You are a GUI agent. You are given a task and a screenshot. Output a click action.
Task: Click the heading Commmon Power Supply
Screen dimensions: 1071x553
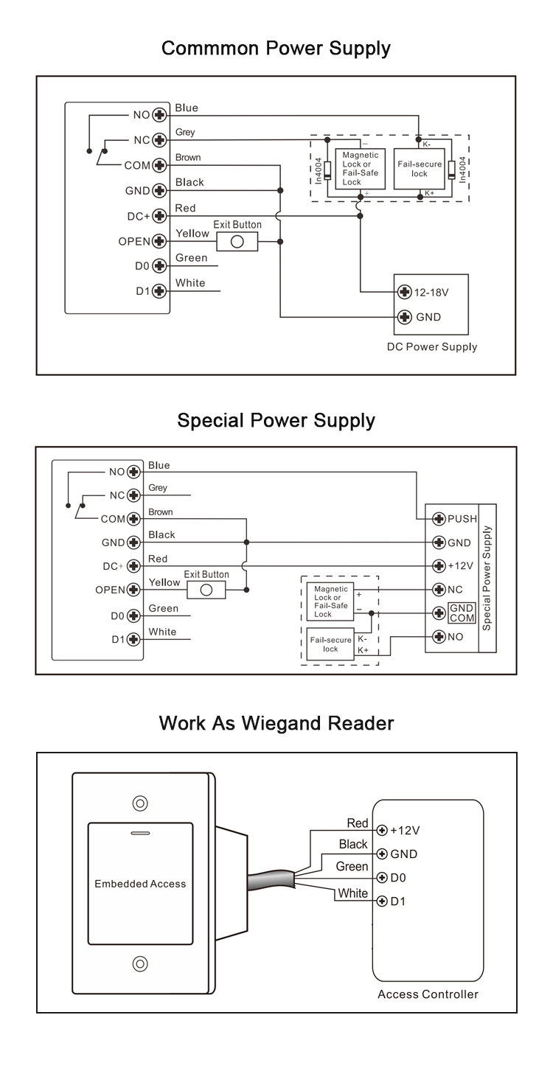click(276, 49)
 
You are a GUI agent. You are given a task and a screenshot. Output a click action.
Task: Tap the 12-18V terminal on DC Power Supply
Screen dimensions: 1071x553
click(404, 292)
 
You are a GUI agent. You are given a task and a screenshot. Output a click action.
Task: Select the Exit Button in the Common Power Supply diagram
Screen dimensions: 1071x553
click(237, 241)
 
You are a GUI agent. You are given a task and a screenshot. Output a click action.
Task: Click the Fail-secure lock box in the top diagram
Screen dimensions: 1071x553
click(420, 169)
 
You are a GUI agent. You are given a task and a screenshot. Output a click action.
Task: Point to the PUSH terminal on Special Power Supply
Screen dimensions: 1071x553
click(439, 518)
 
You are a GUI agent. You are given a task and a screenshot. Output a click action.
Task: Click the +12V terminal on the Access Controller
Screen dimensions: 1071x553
click(382, 830)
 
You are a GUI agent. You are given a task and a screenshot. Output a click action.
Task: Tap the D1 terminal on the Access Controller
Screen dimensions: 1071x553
click(382, 901)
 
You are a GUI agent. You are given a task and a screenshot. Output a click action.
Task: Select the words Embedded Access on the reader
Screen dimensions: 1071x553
click(140, 883)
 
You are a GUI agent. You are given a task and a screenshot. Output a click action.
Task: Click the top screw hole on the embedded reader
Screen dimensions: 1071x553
click(139, 803)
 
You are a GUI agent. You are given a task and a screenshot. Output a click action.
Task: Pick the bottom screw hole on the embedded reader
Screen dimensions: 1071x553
click(139, 963)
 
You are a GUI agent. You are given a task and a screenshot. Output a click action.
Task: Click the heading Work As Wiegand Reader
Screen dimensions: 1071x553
click(276, 723)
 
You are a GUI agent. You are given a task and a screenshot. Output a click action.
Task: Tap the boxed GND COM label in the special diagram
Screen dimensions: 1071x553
click(462, 613)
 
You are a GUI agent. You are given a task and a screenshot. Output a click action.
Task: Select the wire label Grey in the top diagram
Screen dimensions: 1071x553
click(185, 133)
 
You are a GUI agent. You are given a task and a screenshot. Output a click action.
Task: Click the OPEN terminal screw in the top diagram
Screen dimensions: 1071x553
click(158, 241)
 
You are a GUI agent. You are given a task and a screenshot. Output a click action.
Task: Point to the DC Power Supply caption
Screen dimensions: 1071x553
click(432, 346)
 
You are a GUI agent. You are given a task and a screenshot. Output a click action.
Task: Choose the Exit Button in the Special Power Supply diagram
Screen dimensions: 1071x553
click(206, 590)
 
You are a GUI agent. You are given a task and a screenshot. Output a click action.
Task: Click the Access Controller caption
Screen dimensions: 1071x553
click(428, 994)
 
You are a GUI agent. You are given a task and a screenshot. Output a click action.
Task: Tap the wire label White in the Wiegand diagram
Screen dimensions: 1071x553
click(352, 893)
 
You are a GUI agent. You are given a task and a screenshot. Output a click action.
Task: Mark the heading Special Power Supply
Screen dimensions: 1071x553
click(276, 421)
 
